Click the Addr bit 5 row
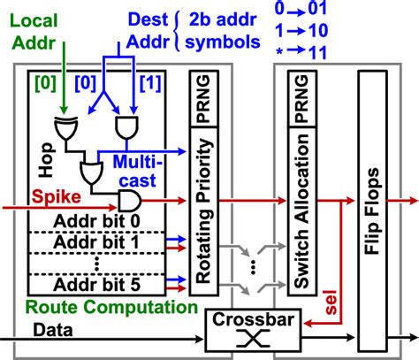[x=100, y=285]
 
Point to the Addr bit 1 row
[x=100, y=241]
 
